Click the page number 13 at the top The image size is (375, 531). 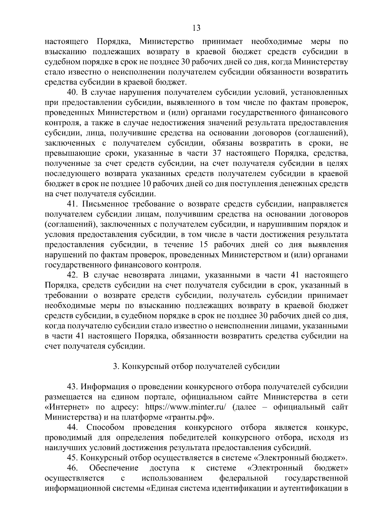[x=196, y=28]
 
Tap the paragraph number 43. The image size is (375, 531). [x=73, y=387]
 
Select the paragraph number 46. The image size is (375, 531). [x=73, y=468]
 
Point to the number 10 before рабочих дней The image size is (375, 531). [x=147, y=184]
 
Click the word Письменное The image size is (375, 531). [x=105, y=204]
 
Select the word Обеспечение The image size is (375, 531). [x=114, y=468]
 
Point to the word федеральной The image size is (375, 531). [x=244, y=478]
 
